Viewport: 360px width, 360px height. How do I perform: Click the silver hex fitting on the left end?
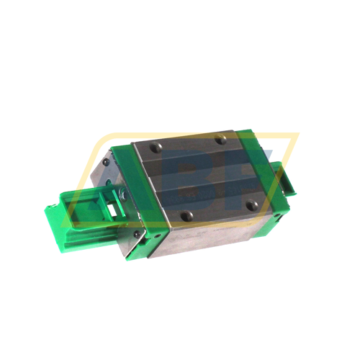tap(123, 194)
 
